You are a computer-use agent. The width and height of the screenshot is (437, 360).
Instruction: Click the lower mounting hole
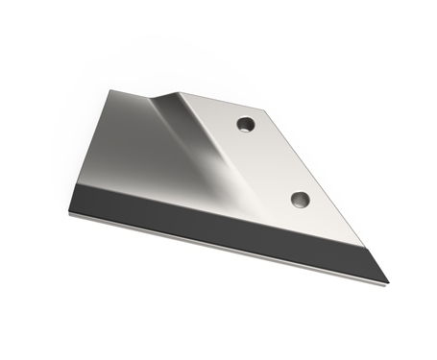[301, 200]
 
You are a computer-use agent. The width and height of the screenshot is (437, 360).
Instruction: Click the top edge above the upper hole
[231, 102]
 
